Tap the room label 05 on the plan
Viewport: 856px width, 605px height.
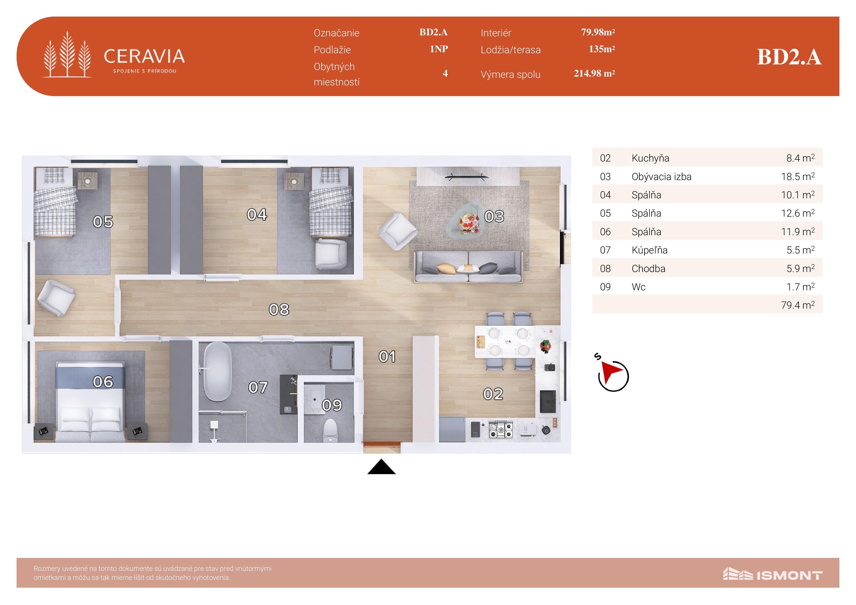pos(103,222)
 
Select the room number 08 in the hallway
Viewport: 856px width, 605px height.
pos(279,309)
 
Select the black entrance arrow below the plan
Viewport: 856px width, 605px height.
pos(381,467)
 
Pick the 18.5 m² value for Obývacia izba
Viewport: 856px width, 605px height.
pos(798,176)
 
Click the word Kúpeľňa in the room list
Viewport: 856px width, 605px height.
pos(650,250)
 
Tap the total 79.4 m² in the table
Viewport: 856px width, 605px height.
pos(798,305)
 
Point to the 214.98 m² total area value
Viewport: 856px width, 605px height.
pos(594,73)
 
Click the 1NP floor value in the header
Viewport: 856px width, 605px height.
pos(439,49)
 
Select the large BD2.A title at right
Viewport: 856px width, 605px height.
pos(789,57)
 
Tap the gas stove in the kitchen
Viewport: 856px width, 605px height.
pos(501,429)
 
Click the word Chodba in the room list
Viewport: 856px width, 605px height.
pos(648,268)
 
